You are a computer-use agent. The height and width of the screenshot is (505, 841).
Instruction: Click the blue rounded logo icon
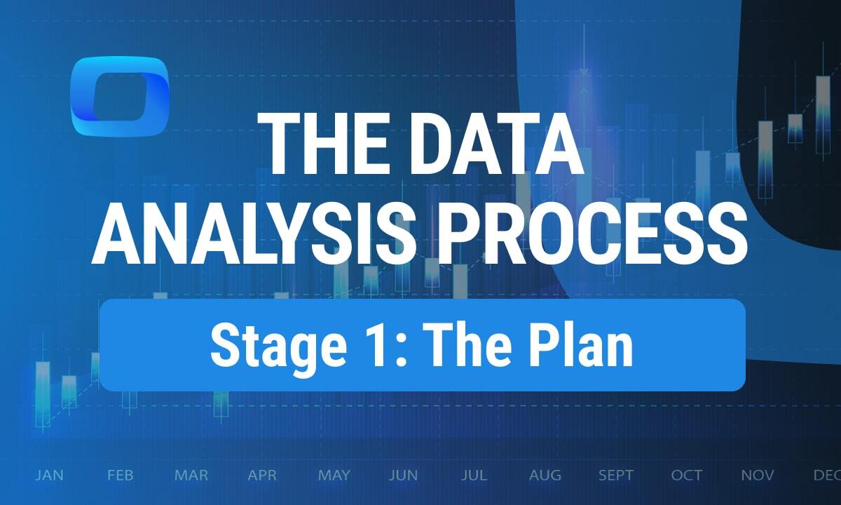(x=120, y=96)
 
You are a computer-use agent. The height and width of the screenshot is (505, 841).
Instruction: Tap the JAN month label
(x=49, y=476)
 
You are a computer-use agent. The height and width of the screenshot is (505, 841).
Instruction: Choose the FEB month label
(x=121, y=476)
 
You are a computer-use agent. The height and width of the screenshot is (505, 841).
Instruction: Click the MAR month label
(x=191, y=476)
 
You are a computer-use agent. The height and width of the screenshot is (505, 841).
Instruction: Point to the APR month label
(x=263, y=476)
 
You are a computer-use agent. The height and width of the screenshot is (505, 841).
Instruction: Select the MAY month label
(x=334, y=476)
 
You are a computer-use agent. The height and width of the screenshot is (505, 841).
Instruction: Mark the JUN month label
(x=404, y=476)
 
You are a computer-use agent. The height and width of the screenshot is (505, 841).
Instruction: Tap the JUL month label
(x=474, y=476)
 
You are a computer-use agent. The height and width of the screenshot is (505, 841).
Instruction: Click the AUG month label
(x=545, y=476)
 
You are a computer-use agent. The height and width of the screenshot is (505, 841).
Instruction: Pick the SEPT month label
(x=616, y=476)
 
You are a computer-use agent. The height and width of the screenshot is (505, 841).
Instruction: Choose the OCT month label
(x=687, y=476)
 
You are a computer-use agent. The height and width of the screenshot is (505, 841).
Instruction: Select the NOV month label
(x=758, y=476)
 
